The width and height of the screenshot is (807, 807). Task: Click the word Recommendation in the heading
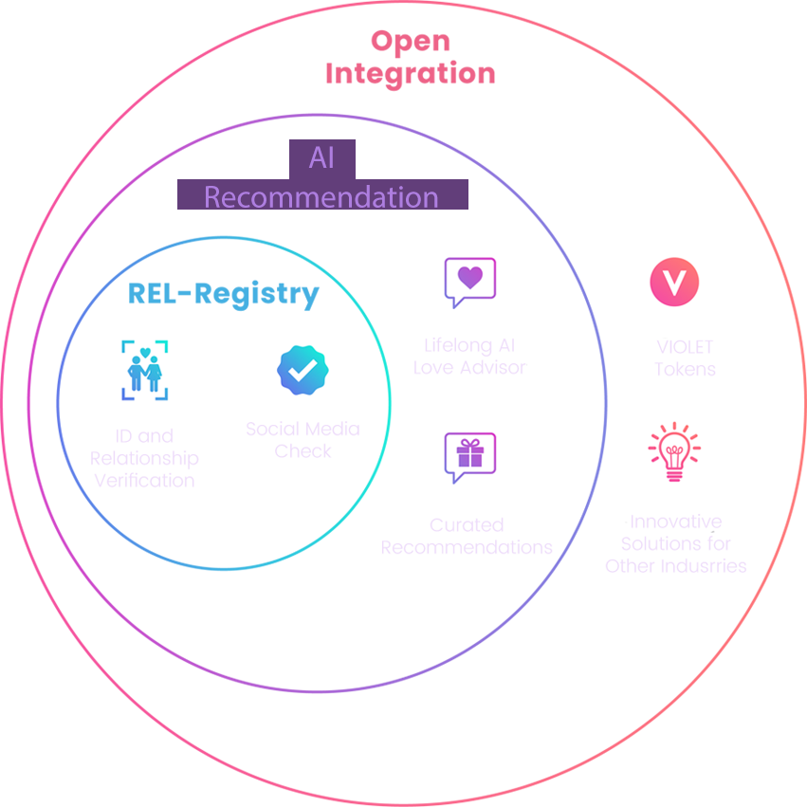(x=321, y=197)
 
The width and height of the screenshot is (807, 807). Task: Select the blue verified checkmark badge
(x=302, y=371)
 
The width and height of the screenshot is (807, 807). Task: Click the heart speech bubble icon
(x=470, y=281)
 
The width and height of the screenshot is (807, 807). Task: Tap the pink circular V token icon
(x=674, y=282)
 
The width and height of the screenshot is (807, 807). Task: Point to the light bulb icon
(x=673, y=452)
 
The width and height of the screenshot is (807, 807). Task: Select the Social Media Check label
(x=303, y=440)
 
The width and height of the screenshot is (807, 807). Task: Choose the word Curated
(x=467, y=524)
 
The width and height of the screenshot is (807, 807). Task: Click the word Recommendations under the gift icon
(x=467, y=547)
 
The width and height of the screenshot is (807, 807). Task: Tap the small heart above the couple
(x=145, y=352)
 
